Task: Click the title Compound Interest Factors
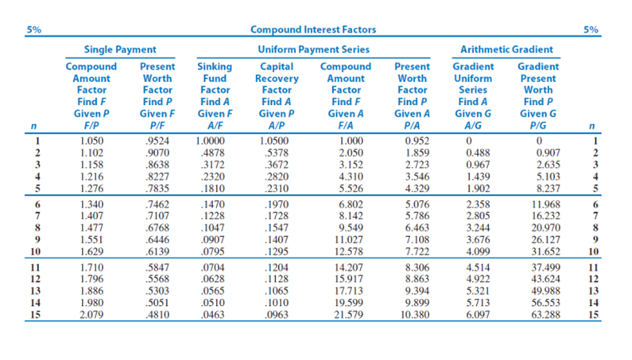coord(313,30)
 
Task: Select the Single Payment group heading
coord(121,49)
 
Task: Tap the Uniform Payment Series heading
coord(313,49)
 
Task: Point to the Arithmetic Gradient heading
coord(506,49)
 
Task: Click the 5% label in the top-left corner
coord(34,30)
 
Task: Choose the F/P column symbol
coord(91,125)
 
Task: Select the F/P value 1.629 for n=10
coord(91,253)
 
